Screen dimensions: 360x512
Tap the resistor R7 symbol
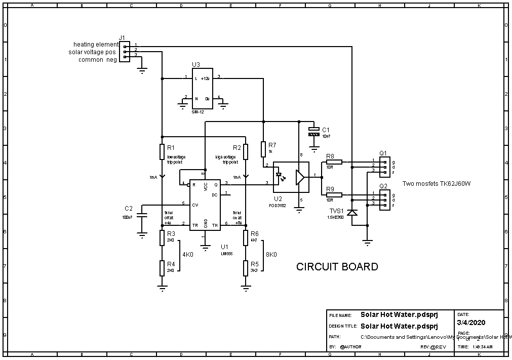(263, 149)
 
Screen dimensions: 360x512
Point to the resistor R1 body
(162, 152)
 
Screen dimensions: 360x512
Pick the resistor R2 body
(246, 152)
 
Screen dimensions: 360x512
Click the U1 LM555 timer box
(205, 205)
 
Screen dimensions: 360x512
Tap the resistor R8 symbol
(334, 162)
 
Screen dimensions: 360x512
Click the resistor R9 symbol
(334, 195)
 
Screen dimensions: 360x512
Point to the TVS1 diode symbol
(352, 213)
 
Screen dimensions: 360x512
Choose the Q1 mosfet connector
(385, 166)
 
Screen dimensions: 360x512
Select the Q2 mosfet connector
(385, 199)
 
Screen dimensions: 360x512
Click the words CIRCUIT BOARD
(337, 267)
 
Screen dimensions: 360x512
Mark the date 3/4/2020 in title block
(470, 322)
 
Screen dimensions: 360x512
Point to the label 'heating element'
(96, 45)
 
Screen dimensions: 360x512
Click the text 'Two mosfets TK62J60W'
(437, 183)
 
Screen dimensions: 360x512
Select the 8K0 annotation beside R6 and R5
(271, 255)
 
